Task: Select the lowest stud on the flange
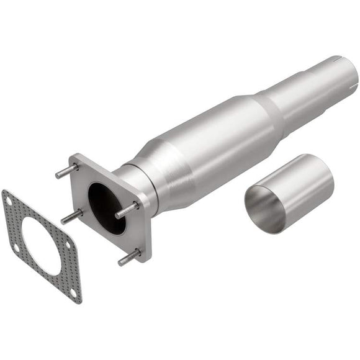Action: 130,256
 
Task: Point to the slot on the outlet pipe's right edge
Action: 356,81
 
